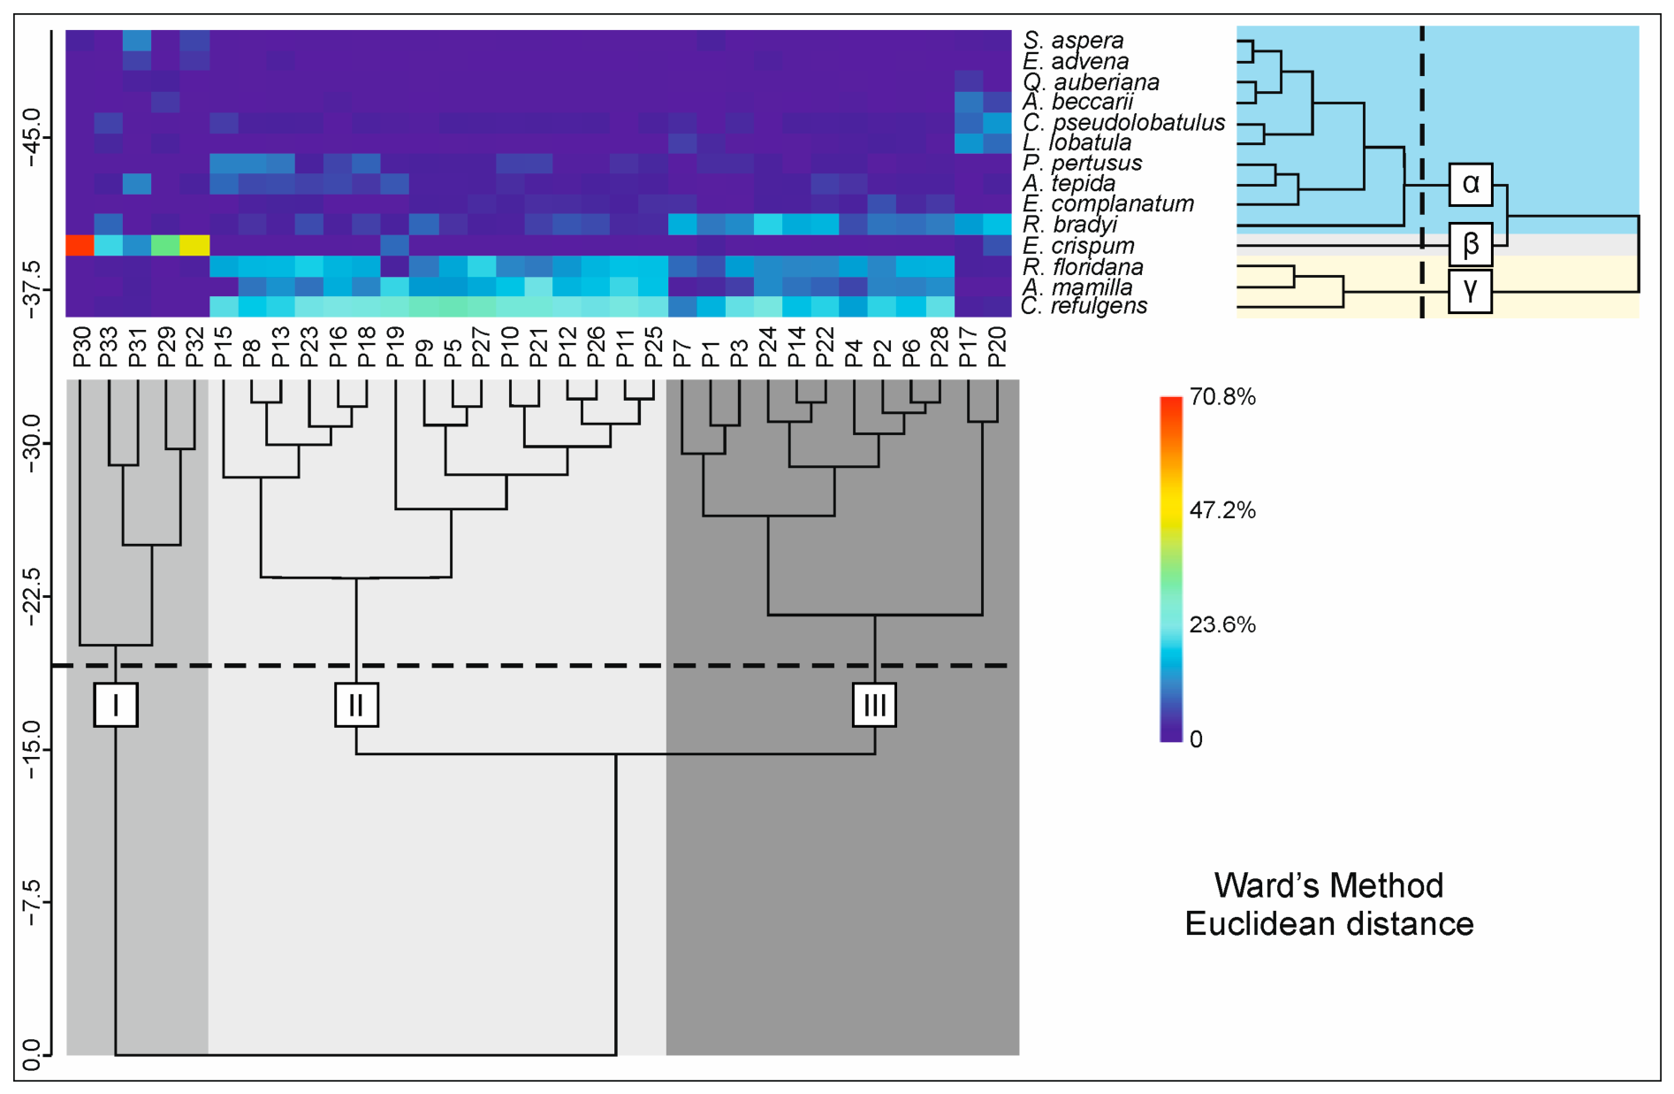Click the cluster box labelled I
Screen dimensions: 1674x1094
coord(116,705)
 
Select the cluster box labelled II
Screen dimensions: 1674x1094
coord(356,705)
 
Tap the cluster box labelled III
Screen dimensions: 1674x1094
coord(875,705)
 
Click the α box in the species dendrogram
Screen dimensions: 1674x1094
coord(1471,184)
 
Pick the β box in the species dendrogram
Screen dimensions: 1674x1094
coord(1471,244)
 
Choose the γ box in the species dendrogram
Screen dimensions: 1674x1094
coord(1471,291)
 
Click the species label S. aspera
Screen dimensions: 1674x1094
coord(1074,41)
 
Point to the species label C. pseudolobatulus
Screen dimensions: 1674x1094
coord(1124,123)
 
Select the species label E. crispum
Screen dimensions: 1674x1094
coord(1078,246)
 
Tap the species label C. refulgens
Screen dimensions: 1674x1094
coord(1084,306)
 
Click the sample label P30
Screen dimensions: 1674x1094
coord(81,347)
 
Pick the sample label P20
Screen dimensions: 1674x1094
coord(996,347)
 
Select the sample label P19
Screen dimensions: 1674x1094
coord(395,347)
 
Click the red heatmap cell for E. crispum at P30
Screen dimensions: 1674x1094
coord(80,244)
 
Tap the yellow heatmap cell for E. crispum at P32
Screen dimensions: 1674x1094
coord(194,244)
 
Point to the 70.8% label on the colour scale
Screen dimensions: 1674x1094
coord(1222,397)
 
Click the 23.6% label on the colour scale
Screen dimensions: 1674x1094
coord(1222,625)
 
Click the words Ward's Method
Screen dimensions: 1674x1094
coord(1328,885)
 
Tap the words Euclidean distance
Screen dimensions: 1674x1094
coord(1329,924)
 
